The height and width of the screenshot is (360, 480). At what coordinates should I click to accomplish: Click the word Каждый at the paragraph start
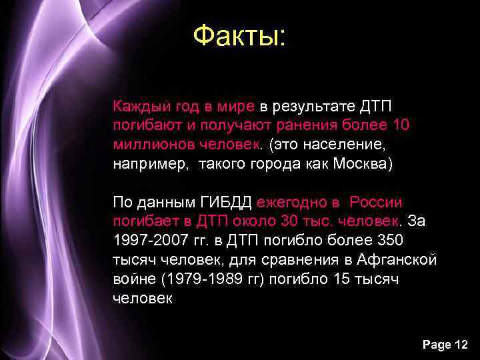[x=137, y=106]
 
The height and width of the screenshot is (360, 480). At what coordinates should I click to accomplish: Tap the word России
[x=376, y=202]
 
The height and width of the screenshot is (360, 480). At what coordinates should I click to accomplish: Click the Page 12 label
[x=445, y=344]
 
